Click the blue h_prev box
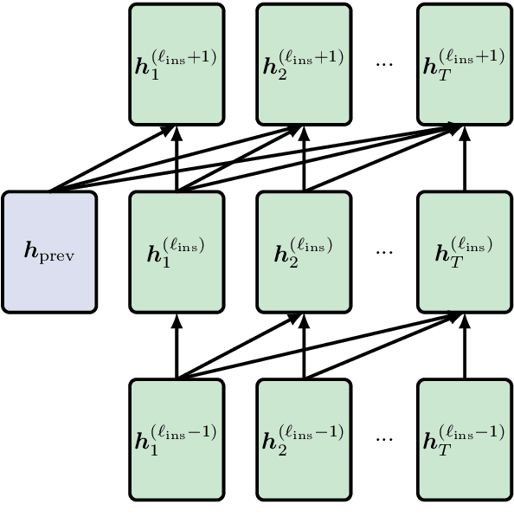click(49, 251)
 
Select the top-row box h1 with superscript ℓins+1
click(177, 64)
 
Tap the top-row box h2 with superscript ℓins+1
click(304, 64)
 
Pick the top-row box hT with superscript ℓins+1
click(464, 64)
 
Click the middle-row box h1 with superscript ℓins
click(177, 251)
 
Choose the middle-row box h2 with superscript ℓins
click(304, 251)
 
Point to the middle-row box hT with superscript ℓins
click(464, 251)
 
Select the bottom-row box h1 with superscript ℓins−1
click(177, 439)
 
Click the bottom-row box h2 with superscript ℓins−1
click(304, 439)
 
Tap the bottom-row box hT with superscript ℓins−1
click(464, 439)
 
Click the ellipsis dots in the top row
click(384, 65)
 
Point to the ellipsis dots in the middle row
click(384, 252)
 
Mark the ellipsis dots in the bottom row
click(384, 440)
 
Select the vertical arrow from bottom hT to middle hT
click(464, 346)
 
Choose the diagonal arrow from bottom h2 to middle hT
click(381, 346)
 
